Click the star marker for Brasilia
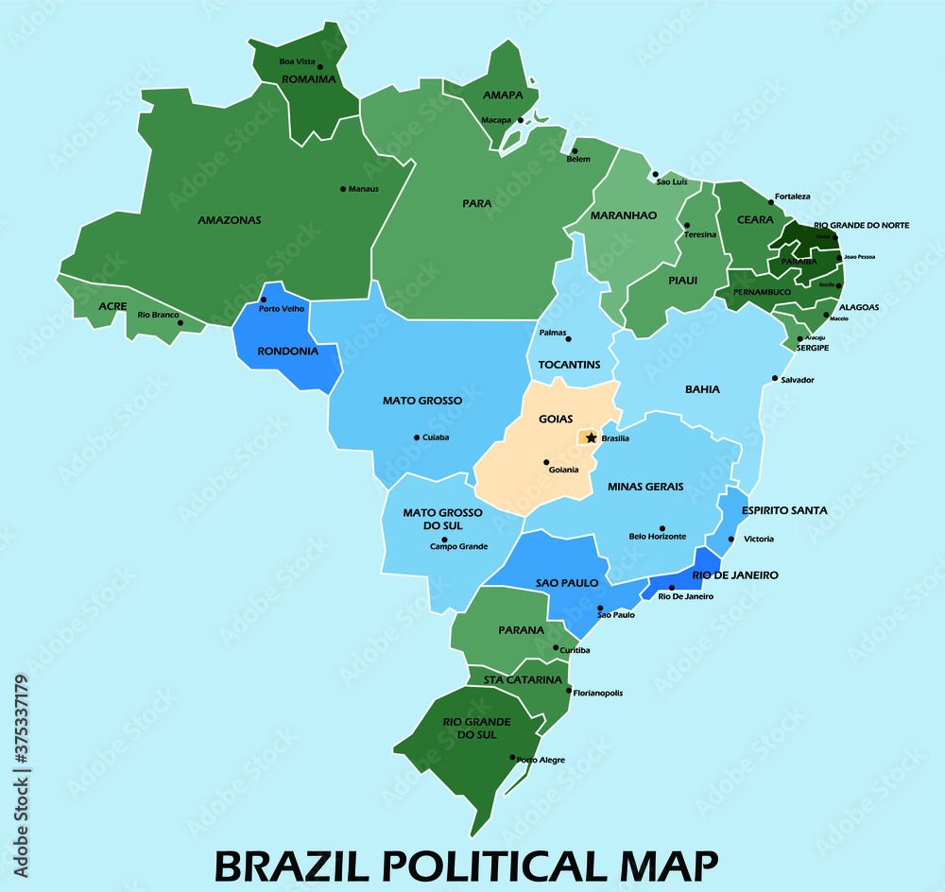click(x=592, y=437)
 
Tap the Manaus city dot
click(x=342, y=189)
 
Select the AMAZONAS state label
click(x=229, y=220)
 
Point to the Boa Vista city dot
click(x=319, y=67)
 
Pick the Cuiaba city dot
click(x=417, y=437)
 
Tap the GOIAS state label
click(x=556, y=419)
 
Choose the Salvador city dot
click(x=775, y=379)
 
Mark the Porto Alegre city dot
click(x=513, y=757)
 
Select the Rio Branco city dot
click(x=180, y=322)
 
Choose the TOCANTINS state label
click(x=569, y=365)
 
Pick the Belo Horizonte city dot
click(x=661, y=529)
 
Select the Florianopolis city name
click(x=598, y=693)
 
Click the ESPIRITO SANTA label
click(x=784, y=510)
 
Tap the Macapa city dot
click(x=520, y=120)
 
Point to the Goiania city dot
click(x=546, y=462)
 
